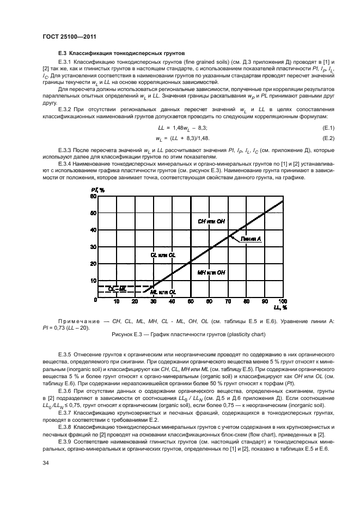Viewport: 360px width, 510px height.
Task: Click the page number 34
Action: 46,463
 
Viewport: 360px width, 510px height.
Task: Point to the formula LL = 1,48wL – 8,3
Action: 176,127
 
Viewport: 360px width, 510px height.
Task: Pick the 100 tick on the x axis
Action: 282,301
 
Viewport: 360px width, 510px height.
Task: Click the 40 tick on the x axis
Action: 172,301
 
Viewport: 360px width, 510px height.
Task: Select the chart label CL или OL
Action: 162,254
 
